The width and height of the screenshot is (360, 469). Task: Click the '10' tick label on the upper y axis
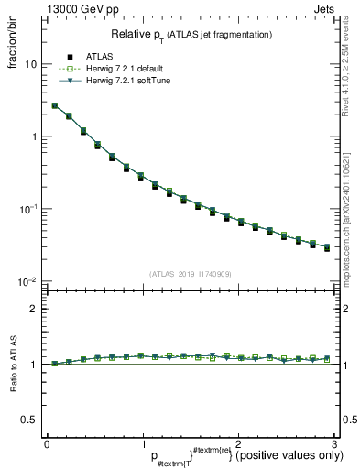(31, 65)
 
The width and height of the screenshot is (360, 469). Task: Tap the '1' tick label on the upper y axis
(34, 136)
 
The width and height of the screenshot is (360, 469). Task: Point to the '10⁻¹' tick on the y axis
(29, 208)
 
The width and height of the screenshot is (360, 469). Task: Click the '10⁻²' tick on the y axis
(29, 280)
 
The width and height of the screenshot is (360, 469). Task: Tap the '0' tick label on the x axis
(47, 442)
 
